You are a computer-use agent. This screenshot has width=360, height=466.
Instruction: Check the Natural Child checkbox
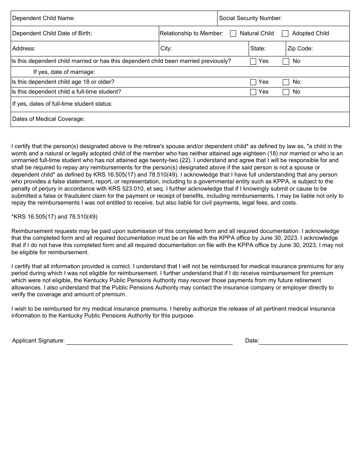click(x=233, y=33)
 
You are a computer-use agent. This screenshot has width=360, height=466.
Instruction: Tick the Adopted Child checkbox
click(x=285, y=33)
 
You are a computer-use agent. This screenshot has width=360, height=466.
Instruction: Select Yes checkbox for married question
click(x=253, y=61)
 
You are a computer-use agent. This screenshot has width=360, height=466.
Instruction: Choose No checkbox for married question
click(x=286, y=61)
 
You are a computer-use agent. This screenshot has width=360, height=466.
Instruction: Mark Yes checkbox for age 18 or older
click(x=253, y=82)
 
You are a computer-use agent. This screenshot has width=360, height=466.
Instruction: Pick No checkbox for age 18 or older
click(x=286, y=82)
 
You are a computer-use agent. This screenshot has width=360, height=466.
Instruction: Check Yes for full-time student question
click(x=253, y=92)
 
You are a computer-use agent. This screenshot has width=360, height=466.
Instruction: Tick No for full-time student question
click(x=286, y=92)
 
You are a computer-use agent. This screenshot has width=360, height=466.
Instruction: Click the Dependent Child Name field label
click(x=44, y=18)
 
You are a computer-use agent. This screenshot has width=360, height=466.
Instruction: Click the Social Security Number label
click(x=250, y=18)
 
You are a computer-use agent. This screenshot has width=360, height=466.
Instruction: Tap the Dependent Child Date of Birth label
click(x=52, y=33)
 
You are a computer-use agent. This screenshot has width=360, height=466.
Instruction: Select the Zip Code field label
click(x=300, y=48)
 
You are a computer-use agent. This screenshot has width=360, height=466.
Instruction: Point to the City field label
click(x=166, y=48)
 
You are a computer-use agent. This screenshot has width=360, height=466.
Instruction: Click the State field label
click(x=258, y=48)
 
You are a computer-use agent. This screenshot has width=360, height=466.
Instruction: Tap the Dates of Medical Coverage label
click(x=48, y=119)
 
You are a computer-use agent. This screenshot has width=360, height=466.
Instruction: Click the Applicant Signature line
click(x=149, y=341)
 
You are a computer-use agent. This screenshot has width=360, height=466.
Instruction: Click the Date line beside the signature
click(x=303, y=341)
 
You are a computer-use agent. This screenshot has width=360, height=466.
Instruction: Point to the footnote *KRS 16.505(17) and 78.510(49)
click(x=54, y=217)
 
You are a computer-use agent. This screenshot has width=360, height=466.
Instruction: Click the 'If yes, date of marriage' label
click(x=64, y=72)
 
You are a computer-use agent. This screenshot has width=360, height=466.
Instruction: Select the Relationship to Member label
click(x=191, y=33)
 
